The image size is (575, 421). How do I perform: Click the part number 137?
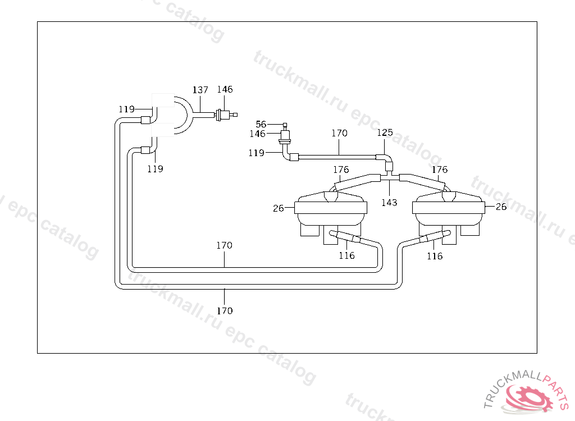tap(200, 90)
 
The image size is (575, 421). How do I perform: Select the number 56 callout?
tap(261, 124)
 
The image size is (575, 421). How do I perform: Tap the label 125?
tap(385, 133)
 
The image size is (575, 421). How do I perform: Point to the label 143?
tap(389, 202)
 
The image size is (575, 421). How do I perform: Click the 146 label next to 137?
tap(225, 89)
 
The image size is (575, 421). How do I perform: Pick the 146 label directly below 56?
tap(258, 134)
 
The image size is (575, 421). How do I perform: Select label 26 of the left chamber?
tap(279, 208)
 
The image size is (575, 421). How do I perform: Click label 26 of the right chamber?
tap(501, 207)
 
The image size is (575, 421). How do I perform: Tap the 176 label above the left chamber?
tap(341, 170)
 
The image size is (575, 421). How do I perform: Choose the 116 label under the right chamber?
tap(435, 256)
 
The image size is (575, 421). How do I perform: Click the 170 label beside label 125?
tap(339, 134)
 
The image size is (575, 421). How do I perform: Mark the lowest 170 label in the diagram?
tap(225, 310)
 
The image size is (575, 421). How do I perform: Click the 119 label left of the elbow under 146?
tap(256, 153)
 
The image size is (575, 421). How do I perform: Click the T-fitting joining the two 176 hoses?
tap(389, 177)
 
